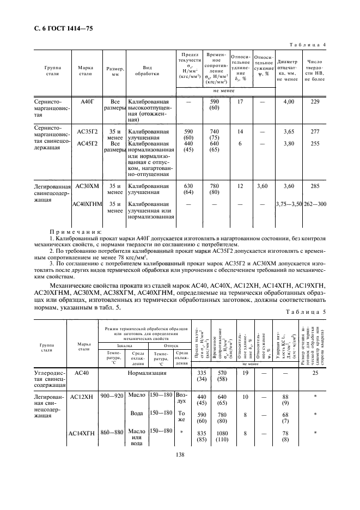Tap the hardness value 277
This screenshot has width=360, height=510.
tap(315, 132)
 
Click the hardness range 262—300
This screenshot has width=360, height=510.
tap(315, 204)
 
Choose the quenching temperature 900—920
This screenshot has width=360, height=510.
tap(112, 395)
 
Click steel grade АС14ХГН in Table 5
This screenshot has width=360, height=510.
tap(82, 434)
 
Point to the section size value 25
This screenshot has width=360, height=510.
tap(315, 373)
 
